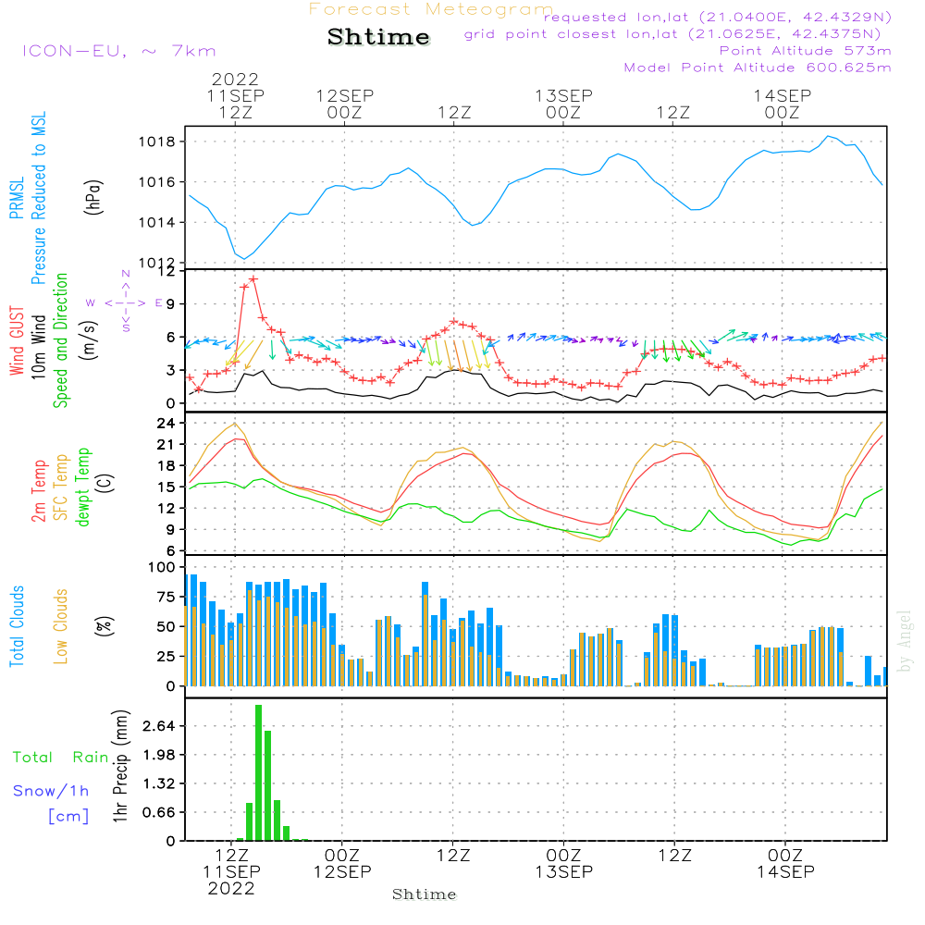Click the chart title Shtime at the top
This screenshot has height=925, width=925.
[378, 37]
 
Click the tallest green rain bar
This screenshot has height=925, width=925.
[258, 772]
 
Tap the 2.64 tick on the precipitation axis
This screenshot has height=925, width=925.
[159, 726]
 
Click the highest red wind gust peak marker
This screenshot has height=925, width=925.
[253, 278]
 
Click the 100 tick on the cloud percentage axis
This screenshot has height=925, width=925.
[163, 566]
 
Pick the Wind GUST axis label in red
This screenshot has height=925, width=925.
[17, 342]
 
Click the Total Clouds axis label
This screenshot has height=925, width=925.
[17, 626]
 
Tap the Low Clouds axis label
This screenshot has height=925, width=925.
[61, 626]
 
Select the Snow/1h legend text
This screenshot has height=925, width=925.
[51, 791]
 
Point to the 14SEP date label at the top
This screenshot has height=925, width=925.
[782, 95]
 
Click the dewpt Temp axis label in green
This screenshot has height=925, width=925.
[83, 487]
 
